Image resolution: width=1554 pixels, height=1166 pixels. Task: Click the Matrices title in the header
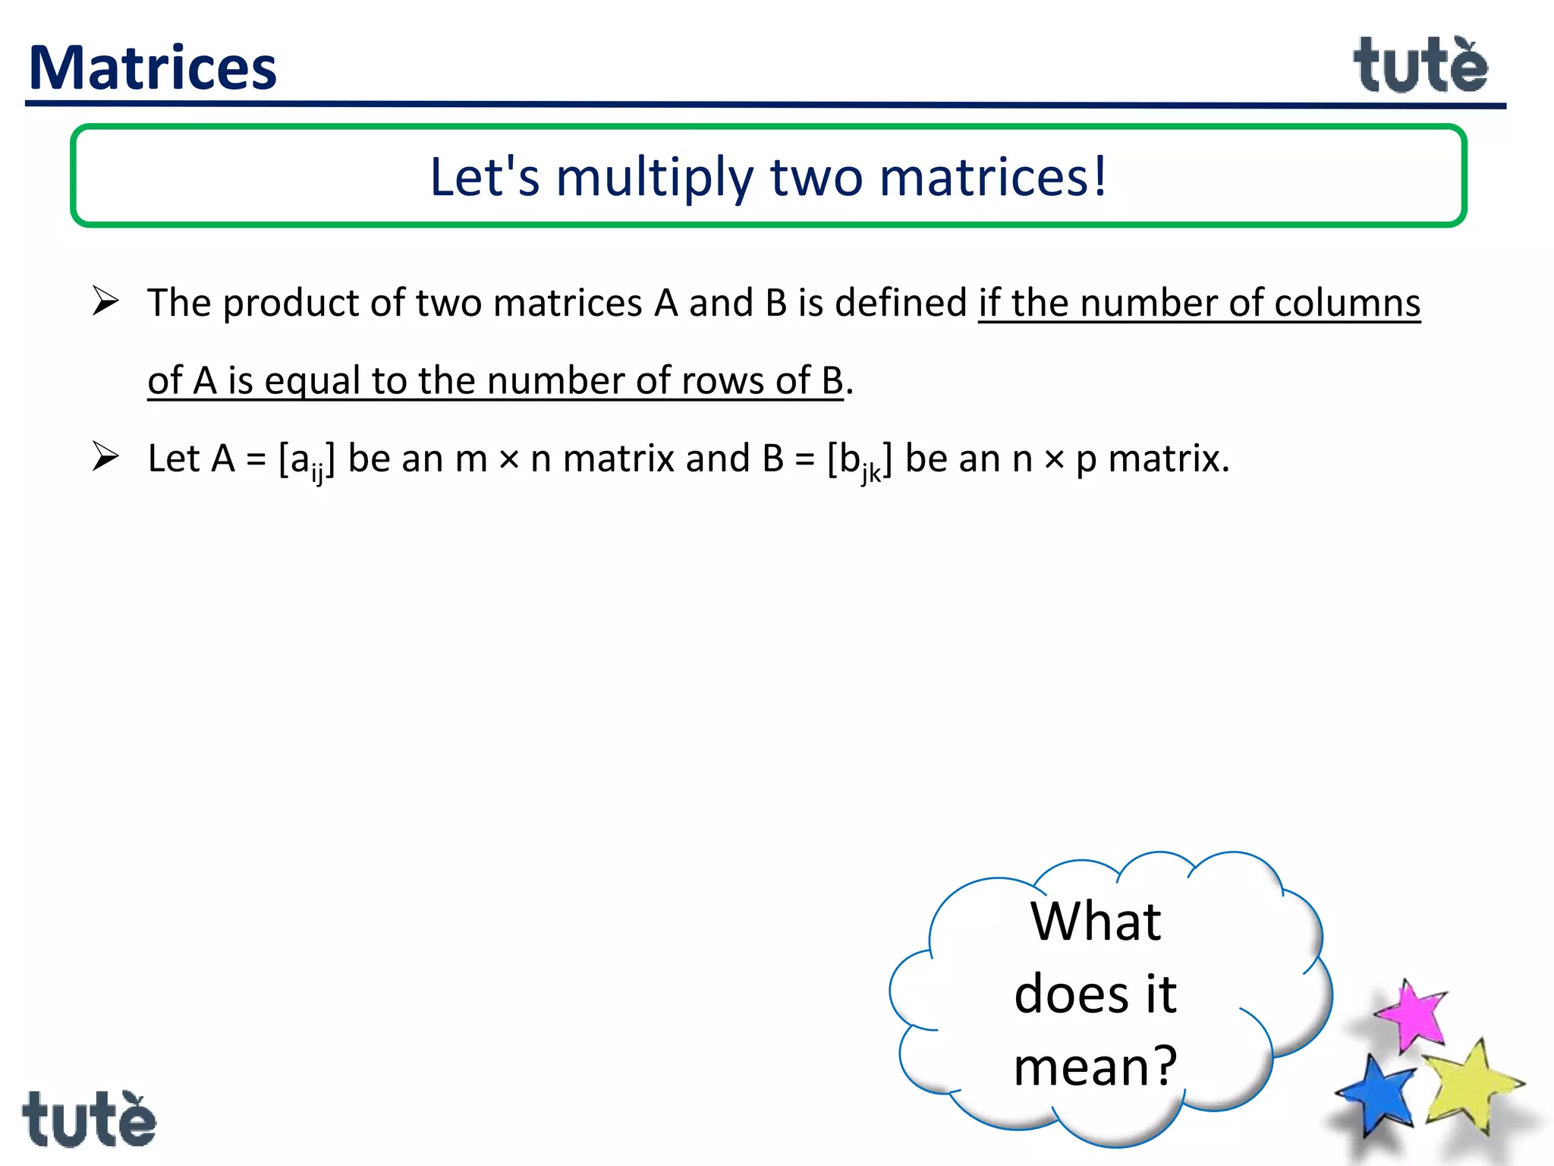point(153,68)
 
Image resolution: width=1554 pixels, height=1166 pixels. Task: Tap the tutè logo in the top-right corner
point(1420,66)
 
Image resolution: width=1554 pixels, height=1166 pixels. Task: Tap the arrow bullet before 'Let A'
point(105,456)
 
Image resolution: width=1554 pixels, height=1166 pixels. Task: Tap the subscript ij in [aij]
point(317,474)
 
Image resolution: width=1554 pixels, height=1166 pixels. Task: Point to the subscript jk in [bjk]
point(870,474)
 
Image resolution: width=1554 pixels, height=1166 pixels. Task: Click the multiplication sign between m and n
point(509,459)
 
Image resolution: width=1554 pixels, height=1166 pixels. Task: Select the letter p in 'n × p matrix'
point(1087,461)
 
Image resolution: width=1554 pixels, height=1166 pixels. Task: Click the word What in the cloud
point(1095,922)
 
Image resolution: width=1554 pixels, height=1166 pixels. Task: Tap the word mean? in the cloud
point(1095,1066)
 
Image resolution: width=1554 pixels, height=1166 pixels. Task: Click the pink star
point(1411,1014)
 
